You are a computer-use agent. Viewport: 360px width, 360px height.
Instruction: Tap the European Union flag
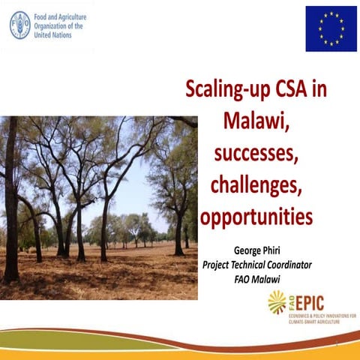pos(331,28)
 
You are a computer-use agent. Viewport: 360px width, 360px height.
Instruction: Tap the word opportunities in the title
pos(255,217)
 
